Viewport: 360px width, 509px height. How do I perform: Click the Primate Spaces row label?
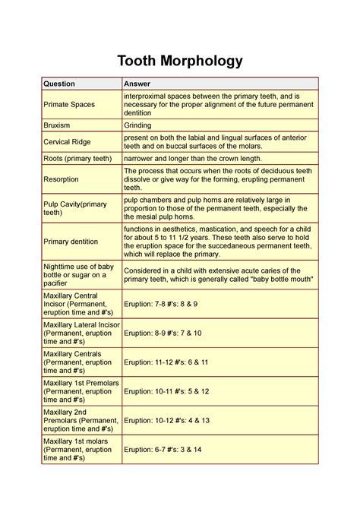click(x=69, y=104)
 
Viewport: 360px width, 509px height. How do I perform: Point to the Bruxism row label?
click(x=60, y=124)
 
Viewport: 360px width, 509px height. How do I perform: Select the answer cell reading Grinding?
click(x=138, y=124)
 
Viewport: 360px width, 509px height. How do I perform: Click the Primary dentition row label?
click(x=71, y=241)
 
